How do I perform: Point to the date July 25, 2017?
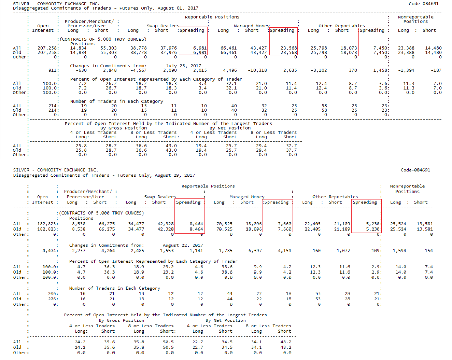pos(183,66)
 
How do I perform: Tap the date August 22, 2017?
pos(183,245)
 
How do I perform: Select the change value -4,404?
pos(48,251)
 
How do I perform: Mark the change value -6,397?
pos(254,251)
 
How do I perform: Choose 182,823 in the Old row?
pos(47,229)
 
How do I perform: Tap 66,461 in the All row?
pos(228,48)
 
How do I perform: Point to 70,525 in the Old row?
pos(224,229)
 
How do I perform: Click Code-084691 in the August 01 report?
pos(424,4)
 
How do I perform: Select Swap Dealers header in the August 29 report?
pos(160,197)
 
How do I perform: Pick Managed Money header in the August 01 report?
pos(252,26)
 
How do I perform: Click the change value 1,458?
pos(380,70)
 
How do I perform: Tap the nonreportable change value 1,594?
pos(399,251)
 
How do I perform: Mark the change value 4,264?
pos(108,251)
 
